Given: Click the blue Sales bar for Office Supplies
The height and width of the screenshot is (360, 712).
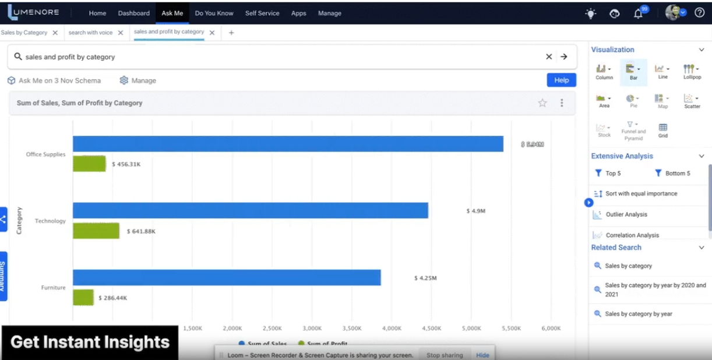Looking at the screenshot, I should pos(288,144).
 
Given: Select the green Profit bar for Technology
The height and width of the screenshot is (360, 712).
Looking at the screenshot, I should pos(96,231).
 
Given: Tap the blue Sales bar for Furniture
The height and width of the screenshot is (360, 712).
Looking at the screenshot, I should pos(227,278).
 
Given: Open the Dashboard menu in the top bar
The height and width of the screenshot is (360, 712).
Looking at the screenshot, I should pos(133,13).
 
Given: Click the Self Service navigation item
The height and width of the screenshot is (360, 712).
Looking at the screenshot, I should pos(262,13).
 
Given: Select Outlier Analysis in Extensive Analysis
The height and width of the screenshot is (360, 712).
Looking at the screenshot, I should pos(626,214).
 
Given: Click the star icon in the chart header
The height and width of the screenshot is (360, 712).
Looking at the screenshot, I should pos(542,103).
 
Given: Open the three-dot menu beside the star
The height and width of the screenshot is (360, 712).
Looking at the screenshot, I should pos(562,103).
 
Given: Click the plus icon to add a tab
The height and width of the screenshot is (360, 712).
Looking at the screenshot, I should pos(231,33).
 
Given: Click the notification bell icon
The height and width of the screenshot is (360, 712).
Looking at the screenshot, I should pos(638,13).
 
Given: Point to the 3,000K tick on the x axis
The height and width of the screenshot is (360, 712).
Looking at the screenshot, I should pos(312,329).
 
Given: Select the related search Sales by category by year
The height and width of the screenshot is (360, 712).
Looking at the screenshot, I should pos(638,313).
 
